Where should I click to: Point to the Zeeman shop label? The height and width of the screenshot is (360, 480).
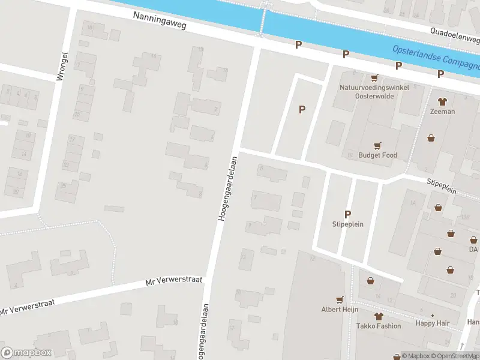point(442,112)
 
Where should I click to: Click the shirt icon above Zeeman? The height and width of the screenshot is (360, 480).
point(442,101)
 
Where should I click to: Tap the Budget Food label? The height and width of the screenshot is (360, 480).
point(377,155)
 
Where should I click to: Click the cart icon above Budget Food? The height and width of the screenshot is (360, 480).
point(377,145)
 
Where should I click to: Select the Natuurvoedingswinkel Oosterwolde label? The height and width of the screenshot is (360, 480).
point(374,92)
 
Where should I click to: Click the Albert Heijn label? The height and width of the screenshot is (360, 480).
point(340,310)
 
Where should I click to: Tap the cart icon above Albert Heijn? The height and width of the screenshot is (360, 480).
point(340,299)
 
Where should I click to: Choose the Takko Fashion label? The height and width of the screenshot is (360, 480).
point(378,326)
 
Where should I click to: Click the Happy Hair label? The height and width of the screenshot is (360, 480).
point(433,323)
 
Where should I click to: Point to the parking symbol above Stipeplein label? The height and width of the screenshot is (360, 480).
point(347,214)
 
